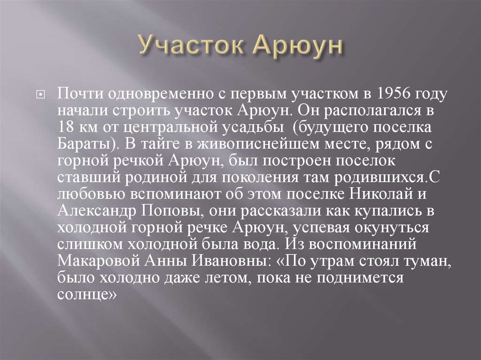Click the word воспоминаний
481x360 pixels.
(x=376, y=244)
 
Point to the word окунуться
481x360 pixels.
(x=399, y=228)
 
